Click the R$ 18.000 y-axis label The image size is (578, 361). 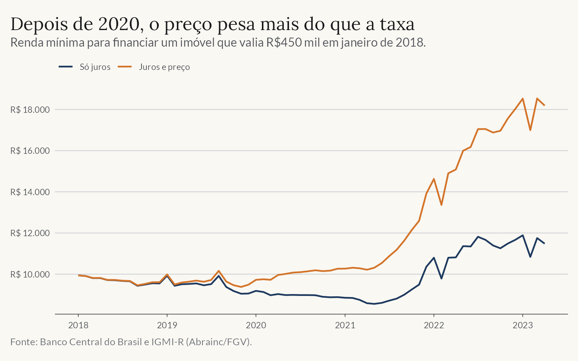click(30, 110)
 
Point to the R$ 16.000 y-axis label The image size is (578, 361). click(30, 151)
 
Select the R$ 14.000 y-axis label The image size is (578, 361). click(30, 192)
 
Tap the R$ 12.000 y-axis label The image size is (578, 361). click(30, 233)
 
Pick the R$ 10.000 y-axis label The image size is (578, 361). click(30, 275)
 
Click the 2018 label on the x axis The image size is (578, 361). click(78, 325)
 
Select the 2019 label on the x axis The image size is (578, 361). click(167, 325)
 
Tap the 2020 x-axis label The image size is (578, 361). click(256, 325)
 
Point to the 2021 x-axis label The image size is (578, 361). click(345, 325)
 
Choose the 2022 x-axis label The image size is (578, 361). click(434, 325)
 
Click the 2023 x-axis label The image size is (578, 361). click(523, 325)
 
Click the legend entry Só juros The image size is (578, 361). click(95, 67)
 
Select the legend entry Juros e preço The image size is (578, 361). click(164, 67)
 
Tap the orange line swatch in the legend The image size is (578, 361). click(125, 67)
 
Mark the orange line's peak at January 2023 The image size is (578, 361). click(523, 99)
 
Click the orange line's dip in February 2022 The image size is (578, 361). click(441, 205)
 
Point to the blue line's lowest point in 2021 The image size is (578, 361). click(374, 304)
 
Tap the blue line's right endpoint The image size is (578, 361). click(545, 243)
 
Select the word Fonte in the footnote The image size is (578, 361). click(24, 342)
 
